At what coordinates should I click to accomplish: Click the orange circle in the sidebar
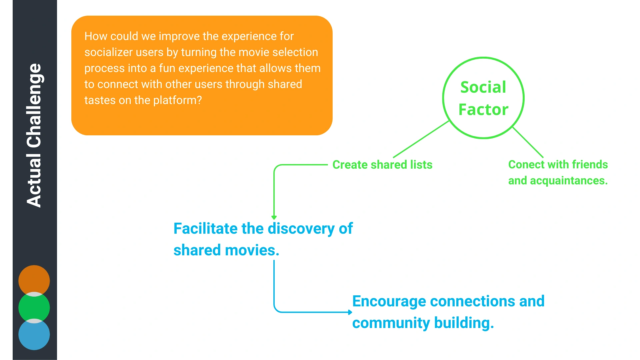(x=34, y=281)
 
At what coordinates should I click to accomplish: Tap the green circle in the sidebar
(x=34, y=308)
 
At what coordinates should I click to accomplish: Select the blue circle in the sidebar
(x=34, y=334)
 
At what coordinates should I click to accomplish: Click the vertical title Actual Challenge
(x=34, y=135)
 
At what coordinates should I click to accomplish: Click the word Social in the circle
(x=483, y=87)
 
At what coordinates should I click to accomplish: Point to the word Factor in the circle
(x=483, y=109)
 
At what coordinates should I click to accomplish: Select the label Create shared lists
(x=382, y=165)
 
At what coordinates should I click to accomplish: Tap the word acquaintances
(x=569, y=181)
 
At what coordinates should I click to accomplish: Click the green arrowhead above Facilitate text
(x=274, y=218)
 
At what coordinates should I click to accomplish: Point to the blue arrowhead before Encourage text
(x=350, y=312)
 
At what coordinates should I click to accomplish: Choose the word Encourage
(x=389, y=301)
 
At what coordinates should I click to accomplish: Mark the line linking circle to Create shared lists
(x=421, y=139)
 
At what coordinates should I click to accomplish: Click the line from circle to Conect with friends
(x=528, y=142)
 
